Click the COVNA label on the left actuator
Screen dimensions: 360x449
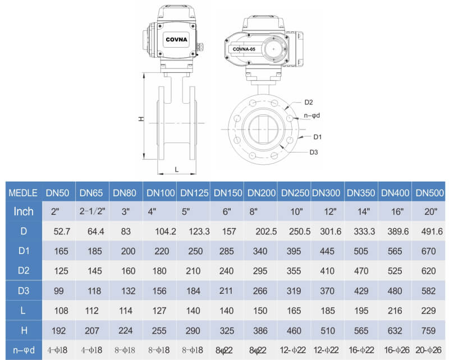(176, 40)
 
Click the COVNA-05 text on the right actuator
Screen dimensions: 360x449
(244, 50)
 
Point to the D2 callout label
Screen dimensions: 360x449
(309, 102)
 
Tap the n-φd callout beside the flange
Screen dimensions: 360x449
(311, 116)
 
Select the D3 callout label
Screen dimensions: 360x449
(314, 152)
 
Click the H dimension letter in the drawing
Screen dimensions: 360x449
(142, 119)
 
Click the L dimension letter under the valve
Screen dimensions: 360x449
(176, 168)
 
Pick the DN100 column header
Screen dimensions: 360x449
(161, 193)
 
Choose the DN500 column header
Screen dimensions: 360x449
(429, 193)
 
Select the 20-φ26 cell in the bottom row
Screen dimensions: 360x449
(429, 349)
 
